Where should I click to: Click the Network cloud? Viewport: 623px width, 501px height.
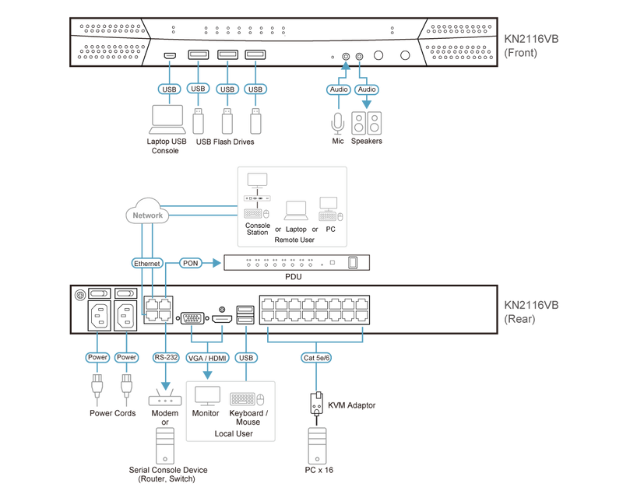[x=147, y=214]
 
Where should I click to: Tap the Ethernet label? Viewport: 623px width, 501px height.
[x=147, y=264]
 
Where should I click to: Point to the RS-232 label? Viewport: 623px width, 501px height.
[x=165, y=358]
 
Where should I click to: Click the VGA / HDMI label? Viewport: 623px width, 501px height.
[x=207, y=358]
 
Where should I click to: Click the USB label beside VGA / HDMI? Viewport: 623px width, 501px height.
[x=247, y=358]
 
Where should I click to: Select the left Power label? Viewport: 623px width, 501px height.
[x=97, y=358]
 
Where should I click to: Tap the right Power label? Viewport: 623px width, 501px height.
[x=125, y=358]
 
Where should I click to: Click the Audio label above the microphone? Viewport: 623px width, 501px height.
[x=338, y=89]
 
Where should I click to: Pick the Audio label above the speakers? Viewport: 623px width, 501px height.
[x=366, y=89]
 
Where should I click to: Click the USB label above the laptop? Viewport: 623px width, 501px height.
[x=170, y=89]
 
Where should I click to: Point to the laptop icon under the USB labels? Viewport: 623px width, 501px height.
[x=168, y=121]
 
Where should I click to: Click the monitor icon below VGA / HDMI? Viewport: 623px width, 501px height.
[x=208, y=397]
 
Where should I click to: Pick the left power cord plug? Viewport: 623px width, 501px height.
[x=97, y=387]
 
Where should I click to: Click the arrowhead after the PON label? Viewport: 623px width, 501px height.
[x=219, y=263]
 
